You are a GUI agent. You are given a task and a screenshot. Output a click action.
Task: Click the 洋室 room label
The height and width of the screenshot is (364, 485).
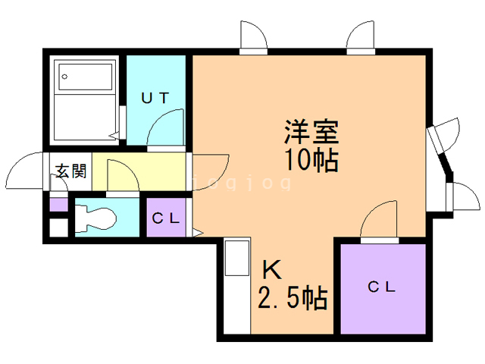click(311, 132)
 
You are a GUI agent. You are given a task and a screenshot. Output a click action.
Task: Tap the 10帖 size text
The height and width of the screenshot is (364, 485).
click(311, 160)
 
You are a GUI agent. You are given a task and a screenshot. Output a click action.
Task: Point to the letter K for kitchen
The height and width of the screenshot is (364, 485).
click(272, 269)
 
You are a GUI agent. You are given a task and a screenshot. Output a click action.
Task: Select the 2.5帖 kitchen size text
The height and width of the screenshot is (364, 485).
click(293, 297)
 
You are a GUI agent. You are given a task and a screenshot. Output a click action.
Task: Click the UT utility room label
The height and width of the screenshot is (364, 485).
click(155, 98)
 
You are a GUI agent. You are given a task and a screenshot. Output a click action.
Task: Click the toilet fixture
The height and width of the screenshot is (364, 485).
click(95, 218)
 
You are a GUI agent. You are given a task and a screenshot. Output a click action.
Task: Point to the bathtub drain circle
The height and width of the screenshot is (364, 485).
click(64, 77)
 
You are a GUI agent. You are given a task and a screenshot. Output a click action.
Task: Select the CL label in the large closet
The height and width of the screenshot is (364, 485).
click(382, 287)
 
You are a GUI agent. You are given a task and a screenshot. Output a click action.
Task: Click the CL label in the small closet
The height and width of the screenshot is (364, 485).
click(166, 218)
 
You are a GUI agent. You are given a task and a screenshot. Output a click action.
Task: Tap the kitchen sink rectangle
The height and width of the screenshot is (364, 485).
click(237, 258)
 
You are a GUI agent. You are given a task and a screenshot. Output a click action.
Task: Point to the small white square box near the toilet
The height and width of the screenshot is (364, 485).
click(59, 227)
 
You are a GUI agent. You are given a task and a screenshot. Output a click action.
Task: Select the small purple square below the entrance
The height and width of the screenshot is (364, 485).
click(59, 205)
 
